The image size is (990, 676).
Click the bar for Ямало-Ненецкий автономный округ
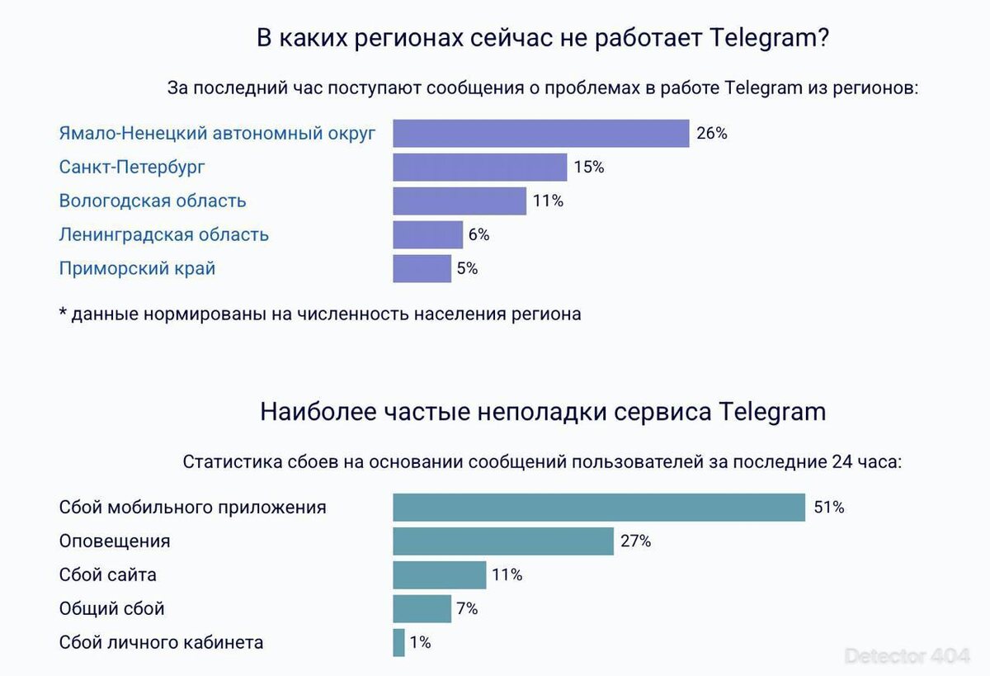[x=541, y=133]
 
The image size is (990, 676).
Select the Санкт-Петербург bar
[x=480, y=167]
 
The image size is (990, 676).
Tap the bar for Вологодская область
[x=460, y=201]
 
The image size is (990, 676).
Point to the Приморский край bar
[x=422, y=268]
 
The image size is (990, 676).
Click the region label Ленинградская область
[x=164, y=234]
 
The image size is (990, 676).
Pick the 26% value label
[x=712, y=133]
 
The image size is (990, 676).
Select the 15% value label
[x=589, y=167]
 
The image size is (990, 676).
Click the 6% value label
[x=479, y=234]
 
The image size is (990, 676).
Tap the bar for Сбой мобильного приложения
[x=599, y=507]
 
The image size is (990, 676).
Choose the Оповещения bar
[x=503, y=541]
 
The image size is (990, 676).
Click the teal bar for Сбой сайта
[x=439, y=575]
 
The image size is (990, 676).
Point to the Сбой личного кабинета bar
[x=398, y=642]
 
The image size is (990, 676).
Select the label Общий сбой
[x=112, y=609]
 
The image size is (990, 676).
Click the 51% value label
[x=829, y=507]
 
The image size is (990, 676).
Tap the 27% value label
[x=636, y=541]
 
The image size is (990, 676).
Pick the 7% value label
[x=467, y=609]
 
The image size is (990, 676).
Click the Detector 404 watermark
[x=907, y=656]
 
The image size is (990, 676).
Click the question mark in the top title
[x=823, y=38]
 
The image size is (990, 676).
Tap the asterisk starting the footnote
[x=64, y=312]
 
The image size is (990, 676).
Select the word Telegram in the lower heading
[x=772, y=413]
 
